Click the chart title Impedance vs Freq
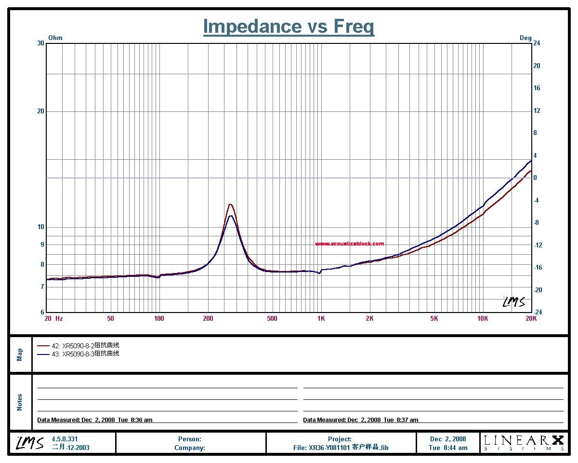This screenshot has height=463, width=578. pyautogui.click(x=289, y=26)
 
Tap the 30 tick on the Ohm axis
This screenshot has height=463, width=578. pyautogui.click(x=41, y=43)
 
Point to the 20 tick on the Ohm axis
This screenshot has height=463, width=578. pyautogui.click(x=41, y=111)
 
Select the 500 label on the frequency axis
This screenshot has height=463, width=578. pyautogui.click(x=273, y=318)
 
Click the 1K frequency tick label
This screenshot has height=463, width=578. pyautogui.click(x=321, y=318)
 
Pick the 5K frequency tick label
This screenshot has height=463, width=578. pyautogui.click(x=434, y=318)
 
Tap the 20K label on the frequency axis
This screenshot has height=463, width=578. pyautogui.click(x=531, y=318)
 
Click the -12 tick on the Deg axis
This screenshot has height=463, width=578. pyautogui.click(x=538, y=245)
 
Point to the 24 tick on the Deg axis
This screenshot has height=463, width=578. pyautogui.click(x=537, y=43)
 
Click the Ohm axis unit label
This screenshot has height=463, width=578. pyautogui.click(x=55, y=38)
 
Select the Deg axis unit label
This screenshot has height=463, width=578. pyautogui.click(x=525, y=38)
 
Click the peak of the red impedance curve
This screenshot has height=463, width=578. pyautogui.click(x=230, y=204)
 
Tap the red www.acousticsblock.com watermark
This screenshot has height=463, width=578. pyautogui.click(x=350, y=244)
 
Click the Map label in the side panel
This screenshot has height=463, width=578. pyautogui.click(x=20, y=354)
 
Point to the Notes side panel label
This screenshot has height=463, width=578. pyautogui.click(x=20, y=402)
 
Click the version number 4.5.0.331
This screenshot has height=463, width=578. pyautogui.click(x=65, y=439)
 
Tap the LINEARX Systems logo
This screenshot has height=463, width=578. pyautogui.click(x=524, y=442)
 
